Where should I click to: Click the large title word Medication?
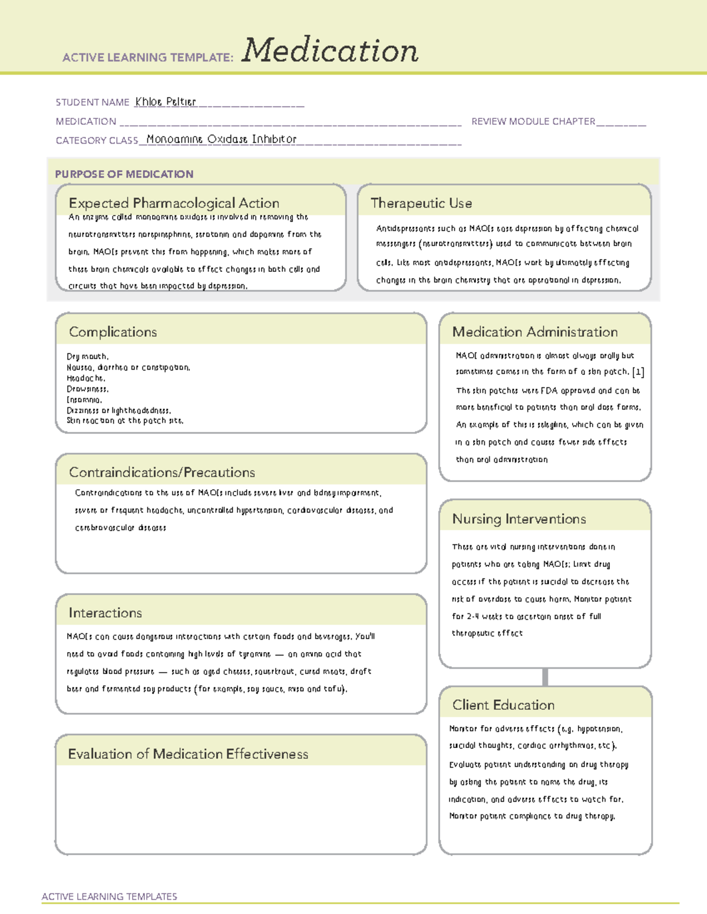pos(329,51)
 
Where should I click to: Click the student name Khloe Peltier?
pos(165,102)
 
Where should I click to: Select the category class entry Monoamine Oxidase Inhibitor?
pos(222,139)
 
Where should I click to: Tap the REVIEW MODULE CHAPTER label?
pos(533,121)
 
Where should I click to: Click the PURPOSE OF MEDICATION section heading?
pos(124,174)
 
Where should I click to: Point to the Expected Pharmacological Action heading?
pos(174,203)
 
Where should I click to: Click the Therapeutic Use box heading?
pos(421,203)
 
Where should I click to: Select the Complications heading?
pos(113,332)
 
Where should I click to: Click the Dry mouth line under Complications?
pos(87,357)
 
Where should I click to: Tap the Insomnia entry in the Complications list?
pos(84,400)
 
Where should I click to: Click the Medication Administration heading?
pos(535,332)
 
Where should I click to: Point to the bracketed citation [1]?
pos(637,372)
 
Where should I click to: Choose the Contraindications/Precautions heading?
pos(162,473)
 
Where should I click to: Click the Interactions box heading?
pos(105,613)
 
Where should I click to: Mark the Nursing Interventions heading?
pos(519,519)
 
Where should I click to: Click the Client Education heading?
pos(503,705)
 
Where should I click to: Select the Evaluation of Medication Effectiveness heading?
pos(188,754)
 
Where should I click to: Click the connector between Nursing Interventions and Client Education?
pos(545,677)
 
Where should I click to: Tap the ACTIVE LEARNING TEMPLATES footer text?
pos(110,896)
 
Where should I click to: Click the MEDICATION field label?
pos(86,121)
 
